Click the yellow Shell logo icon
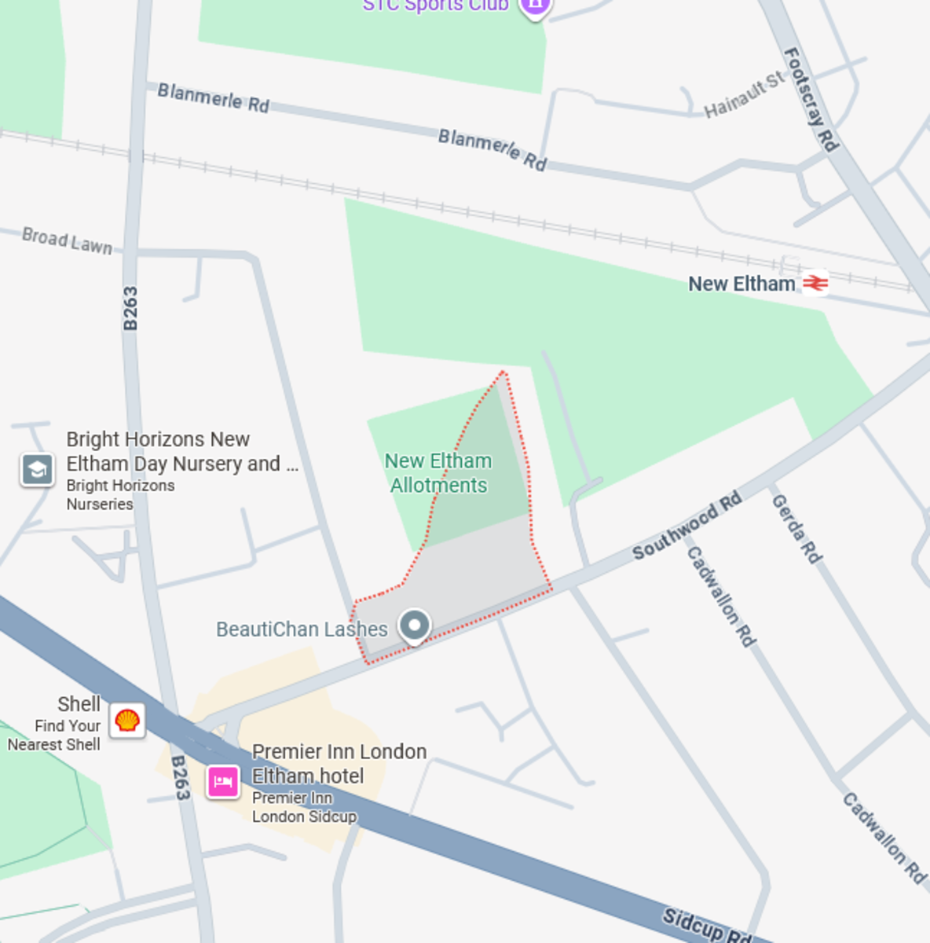click(127, 720)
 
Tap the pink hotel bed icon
click(223, 782)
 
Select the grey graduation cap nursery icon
click(37, 470)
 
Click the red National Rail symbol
click(815, 282)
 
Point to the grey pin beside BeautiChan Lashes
click(414, 626)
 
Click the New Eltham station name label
click(741, 284)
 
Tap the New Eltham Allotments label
click(438, 473)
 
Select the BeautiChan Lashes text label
click(302, 629)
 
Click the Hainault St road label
click(743, 94)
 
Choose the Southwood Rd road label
click(687, 526)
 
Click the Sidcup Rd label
click(706, 924)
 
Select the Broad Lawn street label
click(68, 240)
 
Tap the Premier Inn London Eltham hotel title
click(339, 764)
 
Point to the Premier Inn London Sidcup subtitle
click(303, 807)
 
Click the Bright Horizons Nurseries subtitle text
click(120, 495)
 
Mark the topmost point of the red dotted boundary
click(503, 372)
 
